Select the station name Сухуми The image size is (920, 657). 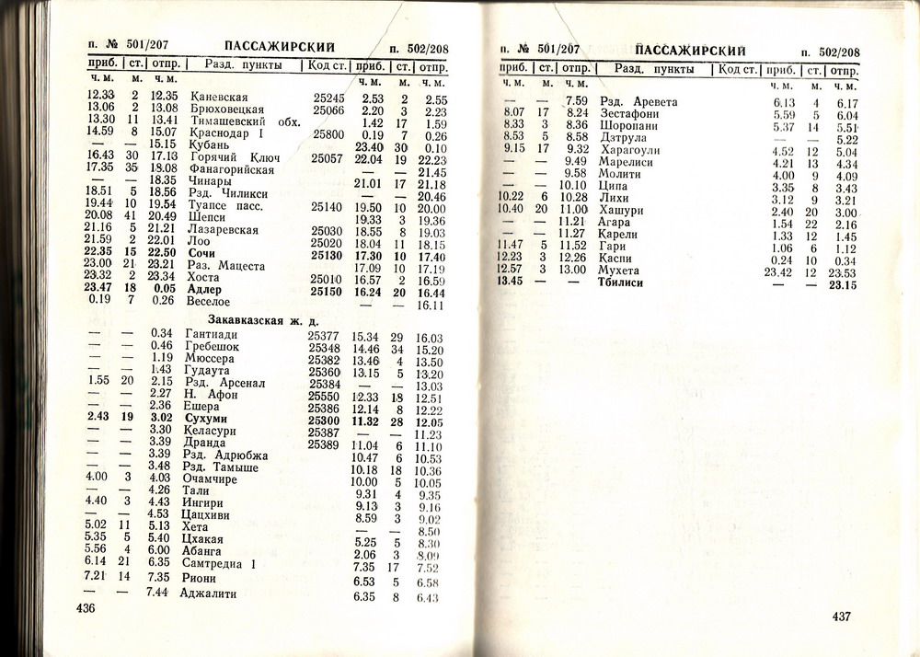tap(206, 419)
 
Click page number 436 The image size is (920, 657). tap(86, 608)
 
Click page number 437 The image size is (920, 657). tap(845, 616)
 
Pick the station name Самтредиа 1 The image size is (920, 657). tap(220, 563)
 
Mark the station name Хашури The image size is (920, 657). tap(621, 210)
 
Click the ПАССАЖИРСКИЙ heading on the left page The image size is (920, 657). tap(279, 47)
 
